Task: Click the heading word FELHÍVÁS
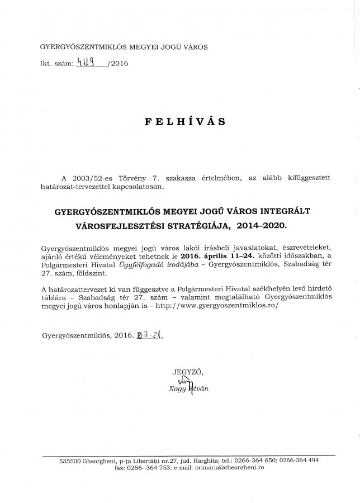click(180, 121)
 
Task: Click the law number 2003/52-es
click(96, 177)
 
